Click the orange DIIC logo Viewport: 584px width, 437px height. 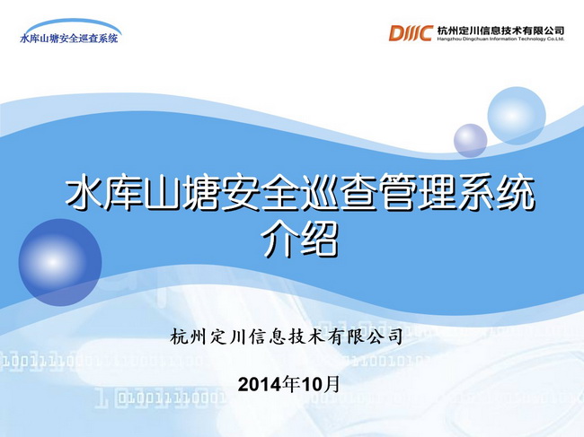(411, 32)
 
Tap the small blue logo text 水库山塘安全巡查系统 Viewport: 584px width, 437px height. (69, 39)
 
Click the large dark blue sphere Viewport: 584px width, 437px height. (60, 262)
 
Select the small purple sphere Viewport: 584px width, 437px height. (471, 141)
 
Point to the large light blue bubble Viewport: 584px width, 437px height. (517, 116)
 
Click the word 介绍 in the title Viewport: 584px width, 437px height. (300, 240)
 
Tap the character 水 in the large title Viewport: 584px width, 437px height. (84, 193)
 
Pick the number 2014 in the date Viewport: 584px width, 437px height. (260, 385)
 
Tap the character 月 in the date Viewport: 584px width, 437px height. (332, 384)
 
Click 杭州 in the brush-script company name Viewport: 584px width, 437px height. (188, 337)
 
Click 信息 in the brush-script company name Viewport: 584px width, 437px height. (267, 337)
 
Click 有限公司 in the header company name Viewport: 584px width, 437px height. (543, 31)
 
